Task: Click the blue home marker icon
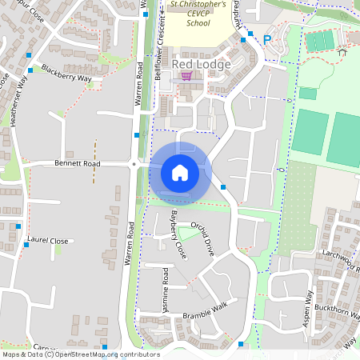tap(179, 173)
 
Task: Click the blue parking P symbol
tap(267, 38)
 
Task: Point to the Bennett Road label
tap(78, 164)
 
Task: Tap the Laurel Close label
tap(47, 239)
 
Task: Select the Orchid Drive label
tap(203, 238)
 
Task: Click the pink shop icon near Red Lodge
tap(186, 76)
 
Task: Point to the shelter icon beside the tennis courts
tap(342, 52)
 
